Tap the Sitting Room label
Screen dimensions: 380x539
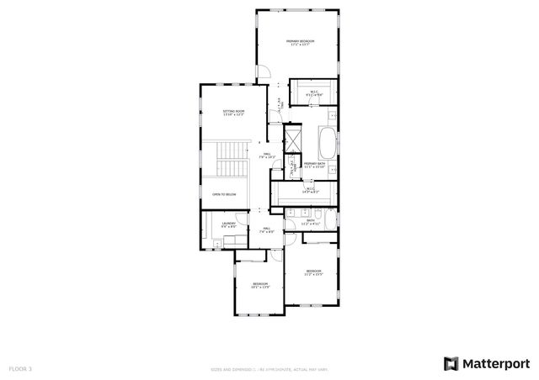pos(233,113)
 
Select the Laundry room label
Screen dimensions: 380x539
pos(229,224)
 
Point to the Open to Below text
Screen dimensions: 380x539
pos(224,194)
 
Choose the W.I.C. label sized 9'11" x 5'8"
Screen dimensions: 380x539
pos(312,93)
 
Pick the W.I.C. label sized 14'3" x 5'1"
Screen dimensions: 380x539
pos(310,191)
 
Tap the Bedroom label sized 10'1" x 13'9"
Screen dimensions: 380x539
pos(260,286)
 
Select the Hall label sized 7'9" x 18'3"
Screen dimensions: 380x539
pos(266,156)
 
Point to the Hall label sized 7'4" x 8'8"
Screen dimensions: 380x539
pos(266,230)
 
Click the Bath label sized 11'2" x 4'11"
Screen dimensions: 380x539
pos(312,223)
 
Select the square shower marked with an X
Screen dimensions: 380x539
pos(293,136)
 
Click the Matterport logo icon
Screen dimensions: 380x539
pos(451,363)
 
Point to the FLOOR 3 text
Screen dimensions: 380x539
pos(20,368)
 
